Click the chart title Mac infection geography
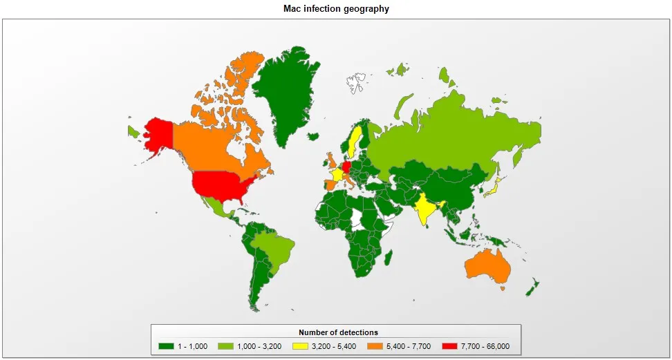(x=336, y=9)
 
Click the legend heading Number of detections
(x=338, y=332)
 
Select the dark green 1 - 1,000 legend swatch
(x=166, y=346)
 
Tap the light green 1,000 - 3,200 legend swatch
(x=225, y=346)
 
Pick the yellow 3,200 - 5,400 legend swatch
(x=299, y=346)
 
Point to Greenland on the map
(x=280, y=93)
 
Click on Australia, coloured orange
(x=488, y=266)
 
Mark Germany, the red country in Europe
(x=346, y=167)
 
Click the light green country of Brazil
(x=274, y=248)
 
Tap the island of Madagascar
(x=389, y=258)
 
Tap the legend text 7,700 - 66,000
(x=485, y=346)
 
